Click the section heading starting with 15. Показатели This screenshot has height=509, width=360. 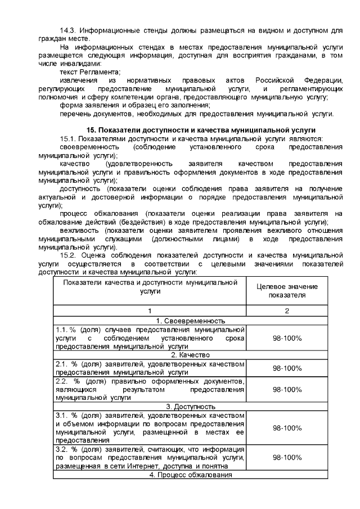click(x=190, y=130)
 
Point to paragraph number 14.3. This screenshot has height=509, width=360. click(x=68, y=30)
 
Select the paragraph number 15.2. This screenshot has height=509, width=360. click(x=68, y=255)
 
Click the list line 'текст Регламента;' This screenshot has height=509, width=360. click(x=90, y=73)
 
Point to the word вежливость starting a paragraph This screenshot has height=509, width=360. click(x=77, y=231)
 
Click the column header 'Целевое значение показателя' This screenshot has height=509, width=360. click(x=287, y=291)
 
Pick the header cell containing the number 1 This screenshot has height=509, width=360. click(x=150, y=311)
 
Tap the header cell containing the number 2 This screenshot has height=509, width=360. click(x=287, y=311)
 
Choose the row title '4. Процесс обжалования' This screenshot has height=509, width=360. click(x=190, y=475)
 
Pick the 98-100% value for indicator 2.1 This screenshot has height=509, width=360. click(x=287, y=368)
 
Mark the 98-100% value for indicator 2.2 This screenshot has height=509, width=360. click(x=287, y=389)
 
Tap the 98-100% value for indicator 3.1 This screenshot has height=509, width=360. click(x=287, y=427)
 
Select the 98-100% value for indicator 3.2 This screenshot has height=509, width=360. click(x=287, y=458)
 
